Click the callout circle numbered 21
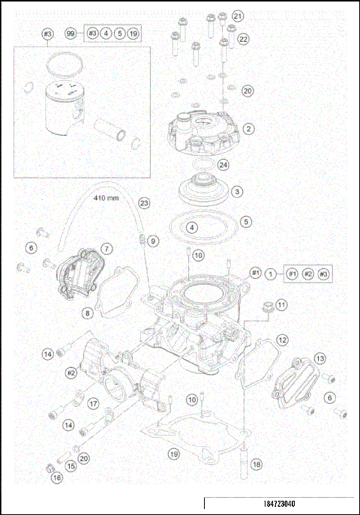point(238,16)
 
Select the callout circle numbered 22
point(244,38)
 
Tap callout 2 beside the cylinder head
point(247,129)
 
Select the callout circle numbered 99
point(70,34)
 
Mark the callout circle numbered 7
point(107,248)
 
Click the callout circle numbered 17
point(94,403)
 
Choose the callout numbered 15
point(72,466)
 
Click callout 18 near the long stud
point(256,465)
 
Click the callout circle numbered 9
point(152,241)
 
